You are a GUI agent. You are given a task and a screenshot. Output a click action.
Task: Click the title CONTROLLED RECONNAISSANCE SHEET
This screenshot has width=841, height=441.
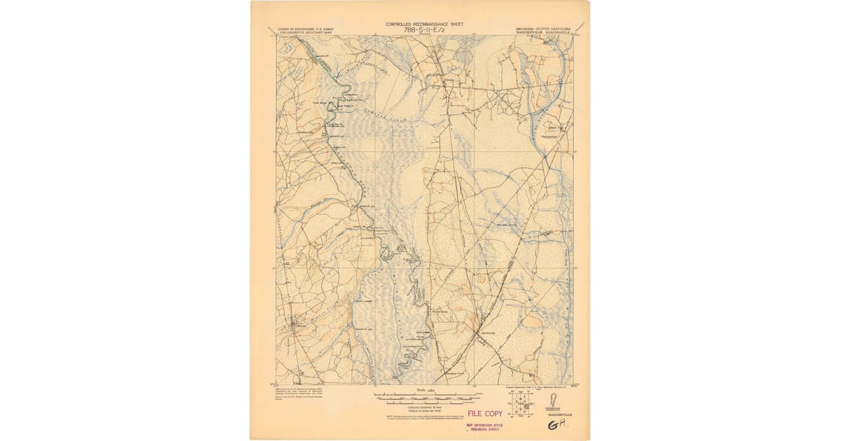tap(424, 24)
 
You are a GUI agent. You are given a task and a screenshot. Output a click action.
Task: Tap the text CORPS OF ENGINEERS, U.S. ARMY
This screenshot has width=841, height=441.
tap(306, 29)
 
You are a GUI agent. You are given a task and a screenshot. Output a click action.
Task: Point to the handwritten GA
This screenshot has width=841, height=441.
tap(559, 425)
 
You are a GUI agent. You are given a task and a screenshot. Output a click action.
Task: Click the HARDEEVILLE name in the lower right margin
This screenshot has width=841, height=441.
tap(560, 415)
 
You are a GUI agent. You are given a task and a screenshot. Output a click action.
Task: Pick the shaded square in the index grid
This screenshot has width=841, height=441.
tap(526, 405)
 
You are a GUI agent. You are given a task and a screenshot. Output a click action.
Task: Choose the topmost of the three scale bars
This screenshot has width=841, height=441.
tap(420, 395)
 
